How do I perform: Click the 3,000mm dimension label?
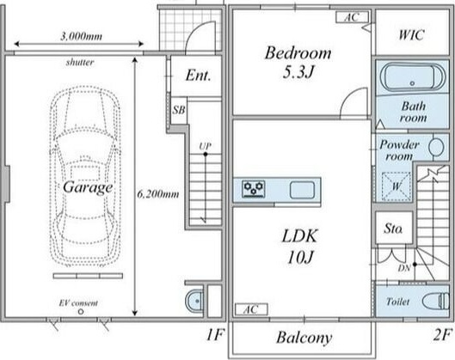coord(81,36)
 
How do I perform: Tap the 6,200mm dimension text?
coord(158,194)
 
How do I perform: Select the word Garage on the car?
coord(88,187)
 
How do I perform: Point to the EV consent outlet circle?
coord(81,312)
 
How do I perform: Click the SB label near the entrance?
coord(178,110)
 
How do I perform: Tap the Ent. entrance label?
coord(198,76)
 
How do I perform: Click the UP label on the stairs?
coord(205,146)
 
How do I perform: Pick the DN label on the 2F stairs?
coord(404,268)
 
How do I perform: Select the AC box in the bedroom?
coord(352,17)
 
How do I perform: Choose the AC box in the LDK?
coord(251,309)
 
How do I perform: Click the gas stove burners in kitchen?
coord(254,189)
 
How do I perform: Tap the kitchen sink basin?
coord(302,190)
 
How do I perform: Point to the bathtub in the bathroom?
coord(412,77)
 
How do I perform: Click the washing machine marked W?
coord(397,186)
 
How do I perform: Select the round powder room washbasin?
coord(436,147)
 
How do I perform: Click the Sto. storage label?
coord(393,229)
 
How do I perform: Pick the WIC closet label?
coord(411,34)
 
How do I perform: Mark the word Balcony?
coord(304,338)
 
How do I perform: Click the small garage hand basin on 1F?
coord(194,302)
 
